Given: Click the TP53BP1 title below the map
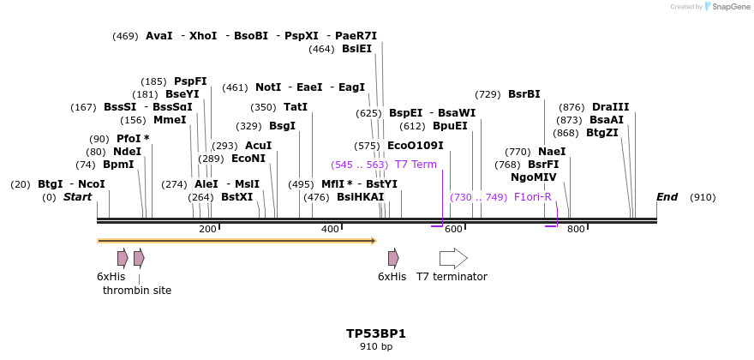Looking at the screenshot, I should click(x=376, y=333).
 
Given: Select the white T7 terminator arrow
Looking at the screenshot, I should click(x=453, y=258).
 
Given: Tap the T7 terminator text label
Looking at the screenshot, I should click(x=452, y=277).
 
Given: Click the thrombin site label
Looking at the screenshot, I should click(x=137, y=291).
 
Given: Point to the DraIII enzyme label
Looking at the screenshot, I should click(x=610, y=107).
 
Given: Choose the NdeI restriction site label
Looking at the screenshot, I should click(x=127, y=152).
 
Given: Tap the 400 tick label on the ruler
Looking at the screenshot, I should click(x=330, y=229).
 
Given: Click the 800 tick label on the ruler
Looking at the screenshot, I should click(x=576, y=229).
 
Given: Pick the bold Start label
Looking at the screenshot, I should click(x=77, y=197).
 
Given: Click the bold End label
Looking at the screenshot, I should click(x=667, y=197).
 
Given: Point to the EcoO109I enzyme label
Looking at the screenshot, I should click(x=416, y=146).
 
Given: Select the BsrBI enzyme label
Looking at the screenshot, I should click(x=524, y=94).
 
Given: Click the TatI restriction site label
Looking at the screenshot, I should click(x=295, y=107).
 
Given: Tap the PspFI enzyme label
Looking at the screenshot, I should click(x=190, y=81).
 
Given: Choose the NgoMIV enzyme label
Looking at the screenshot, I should click(x=533, y=177).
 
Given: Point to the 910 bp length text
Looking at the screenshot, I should click(x=376, y=347).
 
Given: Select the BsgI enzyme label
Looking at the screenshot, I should click(x=282, y=126).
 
